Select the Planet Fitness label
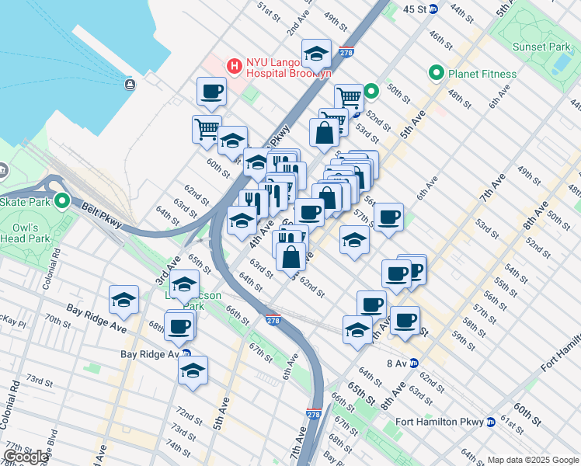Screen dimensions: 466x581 point(482,74)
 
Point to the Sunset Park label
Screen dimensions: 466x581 point(541,47)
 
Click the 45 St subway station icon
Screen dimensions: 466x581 point(433,9)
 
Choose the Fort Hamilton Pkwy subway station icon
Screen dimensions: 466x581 point(491,423)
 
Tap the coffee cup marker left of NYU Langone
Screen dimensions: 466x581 point(211,92)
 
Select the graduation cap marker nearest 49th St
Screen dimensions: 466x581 point(315,53)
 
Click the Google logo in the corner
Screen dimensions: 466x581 point(26,457)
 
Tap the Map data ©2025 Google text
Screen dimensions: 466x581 point(532,460)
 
